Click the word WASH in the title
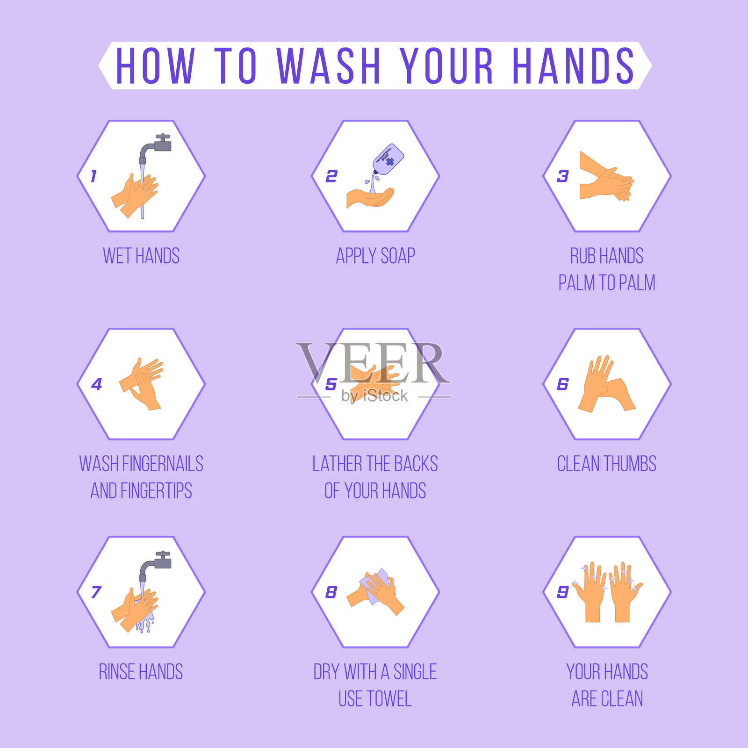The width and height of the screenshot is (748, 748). (x=329, y=65)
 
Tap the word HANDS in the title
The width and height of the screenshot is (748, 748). (x=574, y=65)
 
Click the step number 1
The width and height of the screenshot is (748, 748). (x=93, y=176)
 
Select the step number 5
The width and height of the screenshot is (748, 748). (x=331, y=384)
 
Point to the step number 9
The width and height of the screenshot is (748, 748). (x=563, y=592)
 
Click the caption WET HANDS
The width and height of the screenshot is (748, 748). (x=141, y=256)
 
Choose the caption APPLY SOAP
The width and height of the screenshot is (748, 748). (x=375, y=256)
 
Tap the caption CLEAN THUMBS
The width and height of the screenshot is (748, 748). (x=607, y=464)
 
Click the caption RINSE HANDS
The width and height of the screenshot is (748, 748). (x=141, y=672)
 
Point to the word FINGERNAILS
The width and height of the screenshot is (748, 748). (x=163, y=464)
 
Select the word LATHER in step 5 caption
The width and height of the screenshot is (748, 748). (x=338, y=464)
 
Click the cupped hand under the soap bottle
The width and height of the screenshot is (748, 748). (x=370, y=198)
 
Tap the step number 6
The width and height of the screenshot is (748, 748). (x=563, y=384)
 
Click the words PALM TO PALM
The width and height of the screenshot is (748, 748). (x=607, y=283)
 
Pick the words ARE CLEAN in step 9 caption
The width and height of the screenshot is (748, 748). (x=607, y=699)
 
